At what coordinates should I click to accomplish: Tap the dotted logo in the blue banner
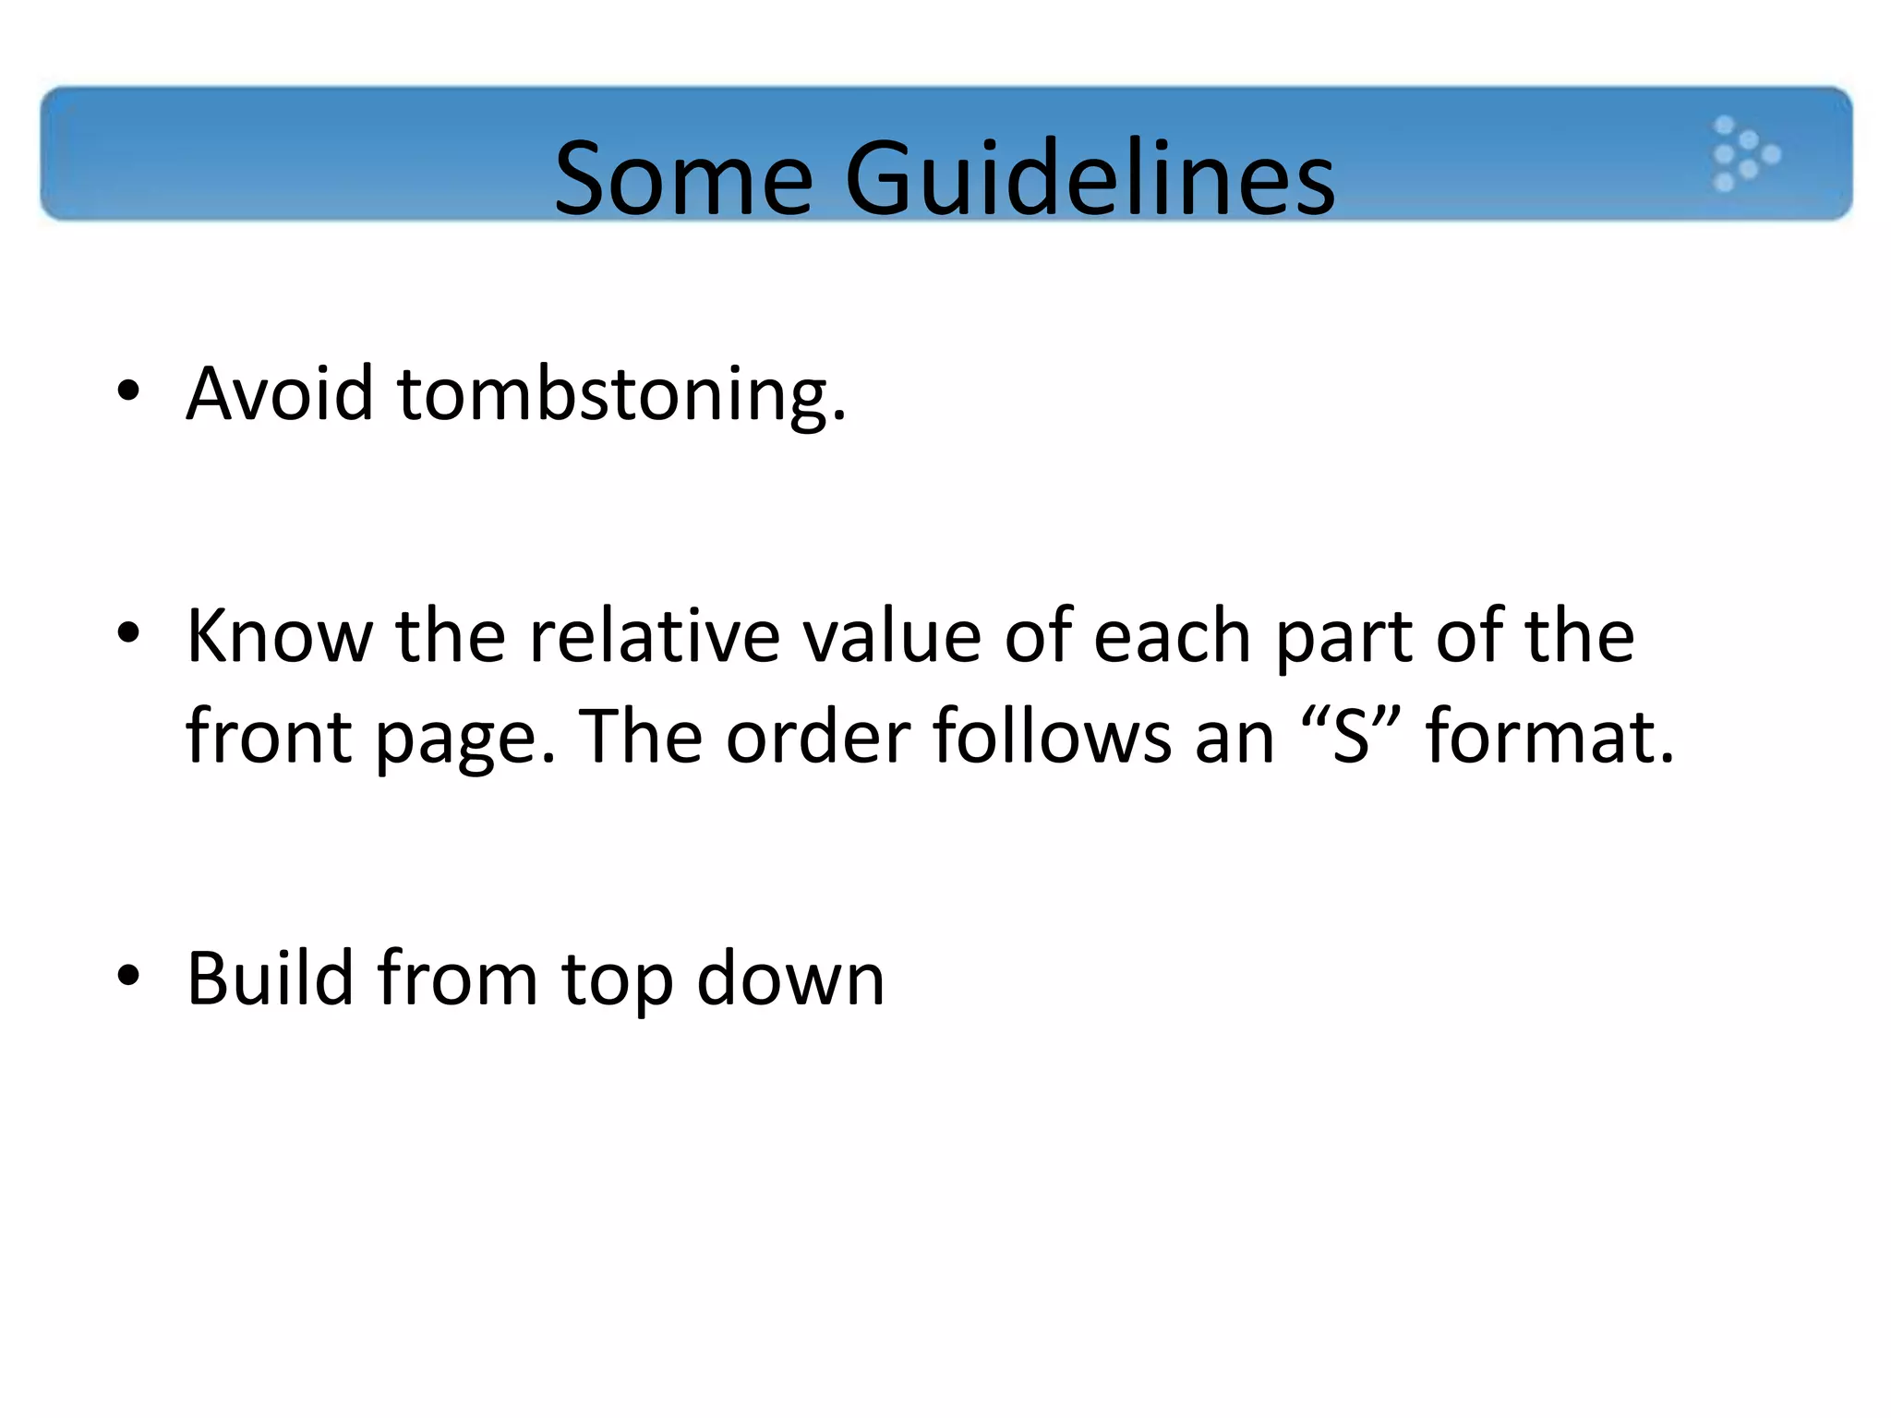pyautogui.click(x=1744, y=154)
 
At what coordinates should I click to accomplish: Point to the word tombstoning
pyautogui.click(x=620, y=395)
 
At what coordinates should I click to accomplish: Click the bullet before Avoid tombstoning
pyautogui.click(x=128, y=391)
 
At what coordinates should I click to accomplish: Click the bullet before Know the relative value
pyautogui.click(x=128, y=634)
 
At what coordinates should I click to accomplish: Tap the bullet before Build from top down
pyautogui.click(x=128, y=976)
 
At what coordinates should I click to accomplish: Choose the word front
pyautogui.click(x=269, y=736)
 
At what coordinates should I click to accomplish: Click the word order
pyautogui.click(x=818, y=736)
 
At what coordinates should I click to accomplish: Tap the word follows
pyautogui.click(x=1052, y=736)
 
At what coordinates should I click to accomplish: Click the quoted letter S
pyautogui.click(x=1351, y=736)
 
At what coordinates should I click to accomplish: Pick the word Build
pyautogui.click(x=270, y=978)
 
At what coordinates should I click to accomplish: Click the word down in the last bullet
pyautogui.click(x=790, y=978)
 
